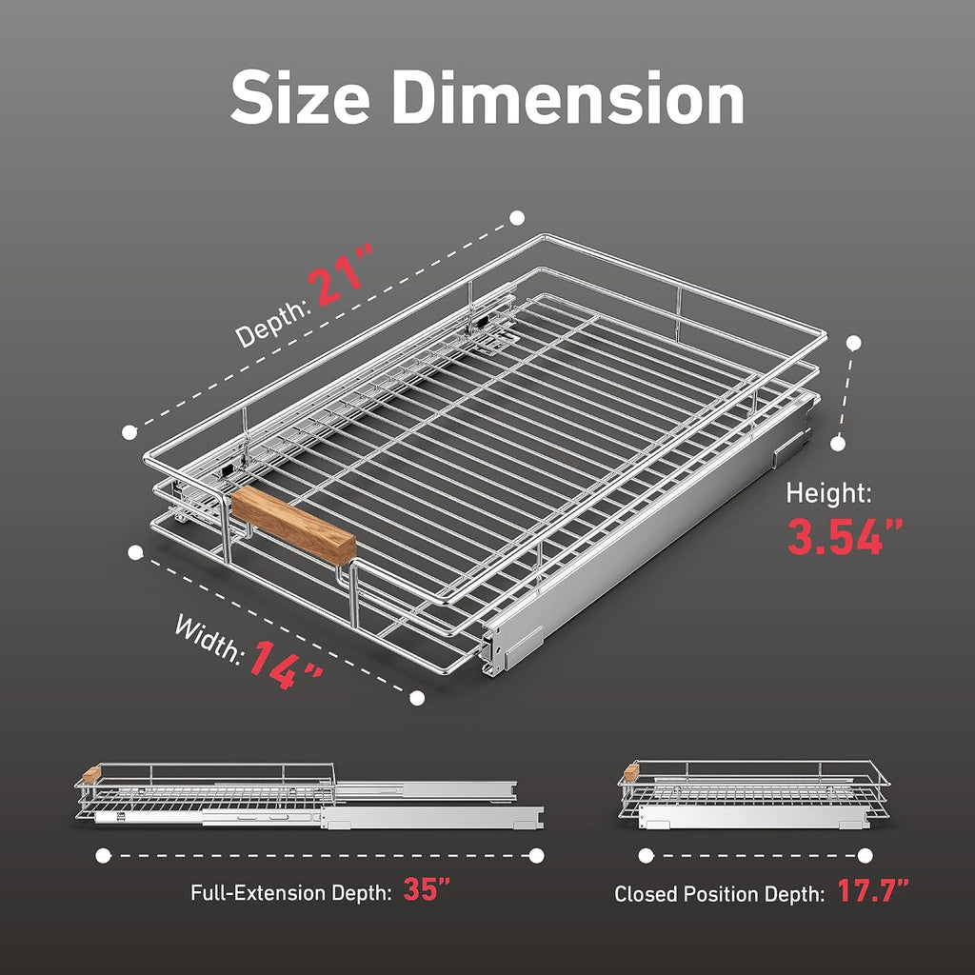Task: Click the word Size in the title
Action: (x=300, y=98)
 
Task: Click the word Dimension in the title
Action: (x=567, y=98)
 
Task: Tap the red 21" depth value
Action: (x=342, y=274)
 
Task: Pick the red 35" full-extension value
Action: (x=426, y=889)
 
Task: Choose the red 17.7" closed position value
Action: (x=872, y=890)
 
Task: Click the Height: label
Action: (x=828, y=493)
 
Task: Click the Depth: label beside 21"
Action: (x=272, y=324)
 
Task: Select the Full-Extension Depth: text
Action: (x=291, y=893)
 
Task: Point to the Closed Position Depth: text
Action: (x=720, y=894)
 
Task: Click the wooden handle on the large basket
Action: (x=293, y=526)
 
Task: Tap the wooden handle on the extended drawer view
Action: (x=91, y=775)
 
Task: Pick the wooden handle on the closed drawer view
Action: (x=631, y=772)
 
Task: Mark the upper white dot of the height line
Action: (x=854, y=343)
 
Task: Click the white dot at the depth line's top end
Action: (x=517, y=218)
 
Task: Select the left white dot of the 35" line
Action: (x=103, y=856)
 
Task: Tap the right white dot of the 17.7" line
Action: (x=865, y=856)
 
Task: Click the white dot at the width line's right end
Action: (x=417, y=698)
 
